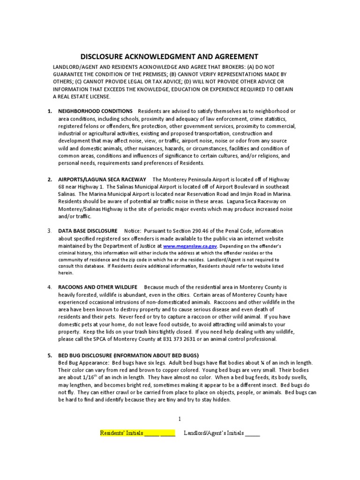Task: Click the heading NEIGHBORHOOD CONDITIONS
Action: click(95, 111)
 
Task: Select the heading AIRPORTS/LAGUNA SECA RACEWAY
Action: click(102, 180)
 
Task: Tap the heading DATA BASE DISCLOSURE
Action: click(88, 231)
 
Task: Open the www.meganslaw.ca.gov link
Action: click(184, 246)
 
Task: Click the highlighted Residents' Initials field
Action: click(137, 433)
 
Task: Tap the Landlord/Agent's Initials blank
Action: click(253, 433)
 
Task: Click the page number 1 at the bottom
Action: click(180, 419)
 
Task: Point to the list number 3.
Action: click(49, 231)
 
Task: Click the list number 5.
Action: click(49, 355)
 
